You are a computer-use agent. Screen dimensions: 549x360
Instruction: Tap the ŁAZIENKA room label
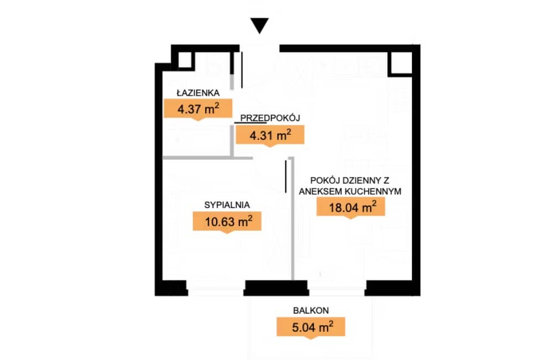[198, 92]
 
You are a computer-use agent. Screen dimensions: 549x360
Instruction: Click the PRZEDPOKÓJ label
[270, 118]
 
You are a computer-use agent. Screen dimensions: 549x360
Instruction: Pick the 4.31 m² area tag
[270, 135]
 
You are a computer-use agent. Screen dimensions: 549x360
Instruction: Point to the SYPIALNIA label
[227, 205]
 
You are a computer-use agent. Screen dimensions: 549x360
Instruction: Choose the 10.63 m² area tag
[227, 222]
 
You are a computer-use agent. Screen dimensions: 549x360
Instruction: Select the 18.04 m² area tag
[351, 207]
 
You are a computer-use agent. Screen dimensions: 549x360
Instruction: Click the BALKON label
[311, 310]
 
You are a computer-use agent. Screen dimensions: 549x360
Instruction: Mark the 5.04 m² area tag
[311, 327]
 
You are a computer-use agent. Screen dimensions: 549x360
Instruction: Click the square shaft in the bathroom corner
[185, 60]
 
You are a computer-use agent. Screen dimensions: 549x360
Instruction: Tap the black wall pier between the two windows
[276, 288]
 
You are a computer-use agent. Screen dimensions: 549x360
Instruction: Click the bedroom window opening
[215, 288]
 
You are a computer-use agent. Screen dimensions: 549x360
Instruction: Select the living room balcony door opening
[337, 288]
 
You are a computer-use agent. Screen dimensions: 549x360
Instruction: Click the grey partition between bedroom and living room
[292, 218]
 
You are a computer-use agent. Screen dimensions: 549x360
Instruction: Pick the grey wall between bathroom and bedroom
[208, 158]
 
